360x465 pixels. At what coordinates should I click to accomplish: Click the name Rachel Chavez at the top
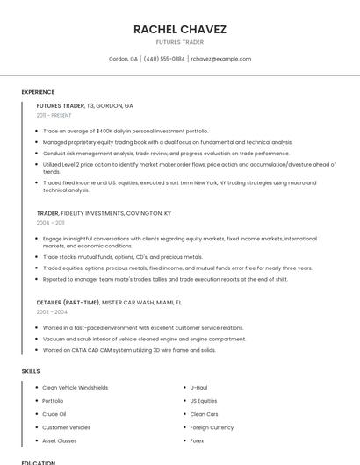click(x=179, y=29)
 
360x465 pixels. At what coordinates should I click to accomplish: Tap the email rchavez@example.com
click(x=220, y=59)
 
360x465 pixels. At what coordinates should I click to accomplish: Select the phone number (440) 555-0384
click(x=164, y=59)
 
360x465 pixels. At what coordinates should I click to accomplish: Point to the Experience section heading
click(x=38, y=91)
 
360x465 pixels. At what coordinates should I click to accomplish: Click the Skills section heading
click(x=31, y=371)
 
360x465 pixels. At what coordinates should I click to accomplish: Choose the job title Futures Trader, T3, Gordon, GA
click(x=85, y=105)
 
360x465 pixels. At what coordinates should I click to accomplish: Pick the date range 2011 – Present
click(x=54, y=115)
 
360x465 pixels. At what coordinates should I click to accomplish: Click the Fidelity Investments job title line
click(x=104, y=213)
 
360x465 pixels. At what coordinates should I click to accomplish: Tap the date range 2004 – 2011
click(x=50, y=223)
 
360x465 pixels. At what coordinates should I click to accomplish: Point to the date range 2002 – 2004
click(x=52, y=311)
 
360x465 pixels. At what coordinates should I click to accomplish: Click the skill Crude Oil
click(x=54, y=414)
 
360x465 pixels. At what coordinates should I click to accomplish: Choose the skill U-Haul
click(x=198, y=387)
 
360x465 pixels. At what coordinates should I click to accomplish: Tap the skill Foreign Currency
click(x=212, y=427)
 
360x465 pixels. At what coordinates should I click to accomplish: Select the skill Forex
click(x=197, y=440)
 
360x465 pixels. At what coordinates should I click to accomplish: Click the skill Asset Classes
click(x=60, y=440)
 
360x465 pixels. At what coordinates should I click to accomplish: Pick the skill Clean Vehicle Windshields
click(x=76, y=387)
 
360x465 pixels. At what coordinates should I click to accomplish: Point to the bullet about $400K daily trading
click(x=126, y=131)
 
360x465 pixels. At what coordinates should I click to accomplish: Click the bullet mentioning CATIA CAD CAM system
click(x=129, y=349)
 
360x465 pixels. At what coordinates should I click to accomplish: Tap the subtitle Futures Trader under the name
click(x=179, y=42)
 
